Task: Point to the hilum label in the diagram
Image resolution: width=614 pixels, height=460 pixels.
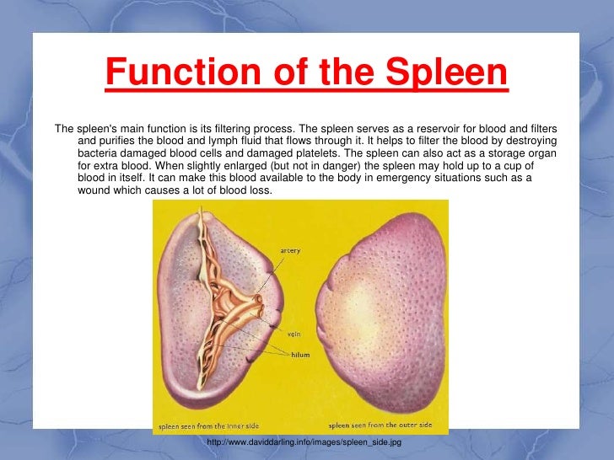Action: pyautogui.click(x=300, y=355)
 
